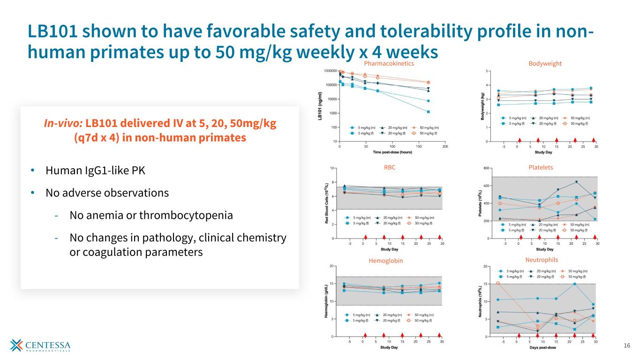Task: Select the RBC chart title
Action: click(390, 167)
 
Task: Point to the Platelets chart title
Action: click(541, 167)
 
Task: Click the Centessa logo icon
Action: click(17, 345)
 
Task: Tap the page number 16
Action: click(627, 345)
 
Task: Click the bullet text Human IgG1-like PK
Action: click(95, 170)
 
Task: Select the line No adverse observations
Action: click(107, 193)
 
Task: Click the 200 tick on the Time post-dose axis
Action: click(445, 147)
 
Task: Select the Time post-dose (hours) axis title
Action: click(392, 152)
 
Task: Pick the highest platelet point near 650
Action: click(576, 182)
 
